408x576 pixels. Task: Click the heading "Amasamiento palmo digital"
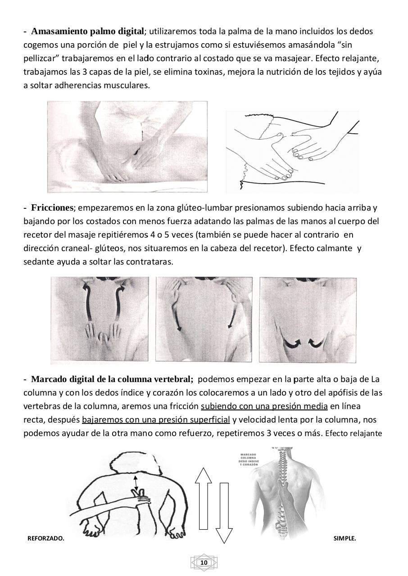[88, 31]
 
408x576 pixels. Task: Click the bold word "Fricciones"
[52, 208]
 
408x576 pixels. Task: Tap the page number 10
[204, 562]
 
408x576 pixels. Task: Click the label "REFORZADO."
[46, 538]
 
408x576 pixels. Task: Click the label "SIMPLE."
[345, 538]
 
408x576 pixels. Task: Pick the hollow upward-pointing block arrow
[203, 498]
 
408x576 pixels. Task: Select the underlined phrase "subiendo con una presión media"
[264, 406]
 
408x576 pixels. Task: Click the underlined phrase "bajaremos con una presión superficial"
[156, 420]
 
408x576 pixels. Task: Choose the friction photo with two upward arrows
[100, 319]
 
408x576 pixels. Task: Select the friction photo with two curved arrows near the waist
[308, 319]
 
